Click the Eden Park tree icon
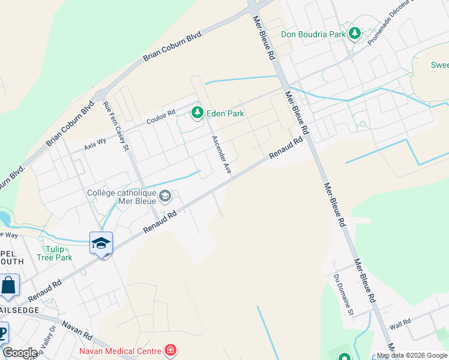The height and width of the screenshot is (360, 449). tap(197, 113)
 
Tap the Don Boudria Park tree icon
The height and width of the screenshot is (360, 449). tap(355, 34)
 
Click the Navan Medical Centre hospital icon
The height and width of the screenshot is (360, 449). tap(170, 350)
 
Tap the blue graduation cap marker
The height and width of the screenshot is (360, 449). tap(101, 244)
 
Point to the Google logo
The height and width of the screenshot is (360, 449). tap(20, 353)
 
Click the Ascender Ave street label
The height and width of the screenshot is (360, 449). tap(221, 155)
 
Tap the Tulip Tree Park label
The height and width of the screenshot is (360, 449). tap(58, 253)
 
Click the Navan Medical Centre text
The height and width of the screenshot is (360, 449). tap(120, 351)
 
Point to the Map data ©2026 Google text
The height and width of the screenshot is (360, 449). tap(412, 355)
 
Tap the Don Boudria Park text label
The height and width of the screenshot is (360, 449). tap(313, 34)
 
